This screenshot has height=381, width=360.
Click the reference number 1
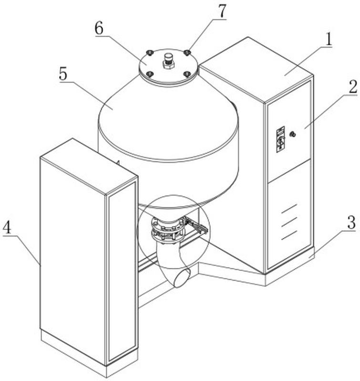coord(328,39)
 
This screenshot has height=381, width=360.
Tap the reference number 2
coord(353,87)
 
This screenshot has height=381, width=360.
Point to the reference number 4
coord(7,227)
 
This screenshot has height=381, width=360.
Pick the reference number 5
coord(63,74)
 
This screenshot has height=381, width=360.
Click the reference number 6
coord(99,28)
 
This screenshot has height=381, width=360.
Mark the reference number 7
coord(222,11)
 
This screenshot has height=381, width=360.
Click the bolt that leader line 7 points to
coord(187,52)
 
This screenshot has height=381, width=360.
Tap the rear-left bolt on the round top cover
coord(149,52)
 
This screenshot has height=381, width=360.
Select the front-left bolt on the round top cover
coord(150,74)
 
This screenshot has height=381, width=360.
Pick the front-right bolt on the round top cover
coord(187,74)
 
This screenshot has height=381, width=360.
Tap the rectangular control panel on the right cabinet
coord(280,139)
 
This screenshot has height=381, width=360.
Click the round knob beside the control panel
coord(293,134)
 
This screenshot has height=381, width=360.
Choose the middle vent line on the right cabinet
coord(289,222)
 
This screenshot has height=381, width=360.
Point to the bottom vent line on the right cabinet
coord(289,235)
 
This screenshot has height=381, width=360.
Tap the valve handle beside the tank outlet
coord(197,226)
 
